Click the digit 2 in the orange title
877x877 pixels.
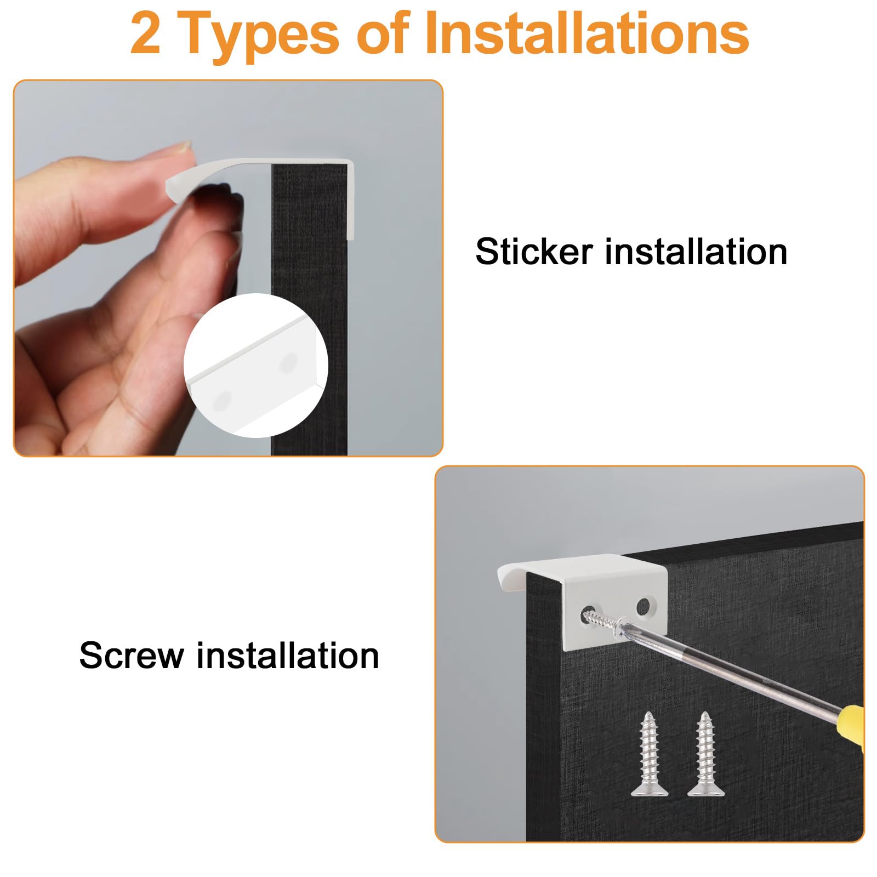146,34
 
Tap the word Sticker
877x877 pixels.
534,252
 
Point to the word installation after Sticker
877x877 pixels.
696,252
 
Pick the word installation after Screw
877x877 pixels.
288,655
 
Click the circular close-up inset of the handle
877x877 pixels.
255,365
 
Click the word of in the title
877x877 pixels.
383,34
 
